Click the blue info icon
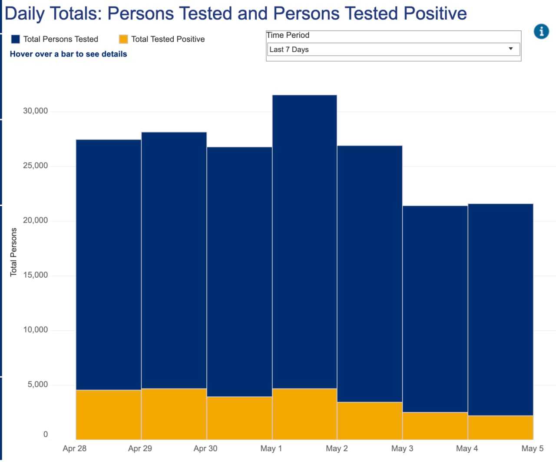coord(541,31)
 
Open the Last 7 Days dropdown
coord(393,50)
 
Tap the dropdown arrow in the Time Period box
coord(511,49)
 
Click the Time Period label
coord(288,35)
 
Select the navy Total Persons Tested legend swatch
coord(16,39)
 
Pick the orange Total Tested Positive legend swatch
coord(123,39)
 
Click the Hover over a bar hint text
coord(68,54)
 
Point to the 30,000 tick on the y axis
coord(35,111)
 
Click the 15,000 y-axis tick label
coord(35,275)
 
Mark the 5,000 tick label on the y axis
coord(38,385)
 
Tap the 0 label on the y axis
coord(45,434)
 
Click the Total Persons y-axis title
coord(13,252)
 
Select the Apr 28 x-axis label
coord(74,449)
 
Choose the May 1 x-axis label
coord(271,449)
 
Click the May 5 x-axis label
coord(532,449)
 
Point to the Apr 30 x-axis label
coord(205,449)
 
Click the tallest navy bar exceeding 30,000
coord(304,239)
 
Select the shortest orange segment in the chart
coord(500,428)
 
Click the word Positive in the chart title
coord(435,13)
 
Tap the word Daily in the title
coord(25,13)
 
